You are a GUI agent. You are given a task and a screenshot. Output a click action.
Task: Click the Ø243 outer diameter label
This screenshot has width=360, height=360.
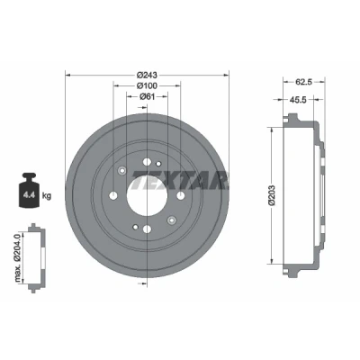(x=147, y=75)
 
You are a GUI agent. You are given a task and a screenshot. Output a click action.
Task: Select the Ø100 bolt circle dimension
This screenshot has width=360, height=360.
(x=147, y=85)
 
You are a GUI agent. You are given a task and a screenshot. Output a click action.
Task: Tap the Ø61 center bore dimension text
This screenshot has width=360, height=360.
(x=147, y=96)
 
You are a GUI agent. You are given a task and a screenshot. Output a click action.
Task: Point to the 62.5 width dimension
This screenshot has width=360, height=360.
(x=304, y=81)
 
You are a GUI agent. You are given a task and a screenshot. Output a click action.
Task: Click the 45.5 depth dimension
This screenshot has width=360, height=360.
(x=298, y=100)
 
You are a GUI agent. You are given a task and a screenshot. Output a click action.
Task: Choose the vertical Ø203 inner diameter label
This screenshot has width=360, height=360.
(x=272, y=195)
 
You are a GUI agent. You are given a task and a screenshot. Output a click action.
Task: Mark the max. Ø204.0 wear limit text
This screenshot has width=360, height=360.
(x=18, y=257)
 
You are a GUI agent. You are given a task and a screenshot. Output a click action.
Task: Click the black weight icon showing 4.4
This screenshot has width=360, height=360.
(x=29, y=190)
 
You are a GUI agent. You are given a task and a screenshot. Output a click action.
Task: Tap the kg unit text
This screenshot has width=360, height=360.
(x=47, y=196)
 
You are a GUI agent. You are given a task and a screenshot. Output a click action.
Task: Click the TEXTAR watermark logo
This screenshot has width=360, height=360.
(x=179, y=180)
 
